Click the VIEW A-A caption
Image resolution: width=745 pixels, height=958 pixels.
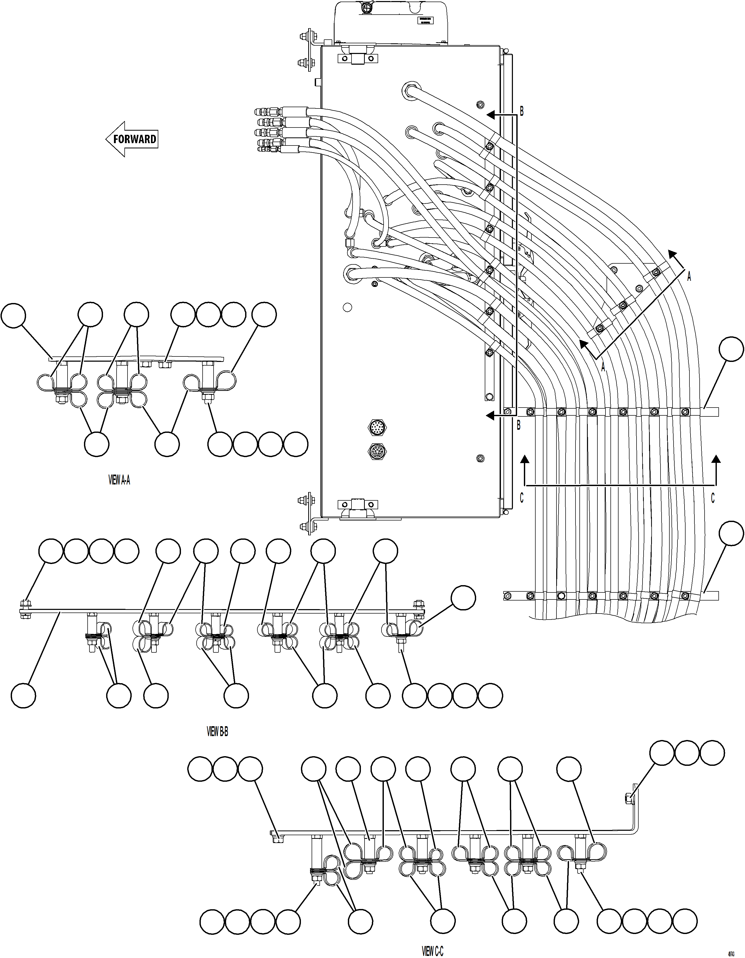point(119,480)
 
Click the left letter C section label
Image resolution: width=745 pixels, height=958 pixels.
point(522,498)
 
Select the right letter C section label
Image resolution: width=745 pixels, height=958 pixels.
point(712,498)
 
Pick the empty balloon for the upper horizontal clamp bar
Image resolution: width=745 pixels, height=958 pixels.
point(731,349)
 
